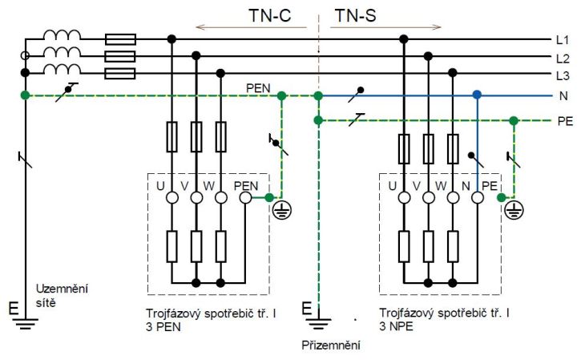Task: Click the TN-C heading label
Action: click(x=270, y=15)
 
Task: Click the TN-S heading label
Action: click(x=355, y=15)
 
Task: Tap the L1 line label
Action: click(x=563, y=39)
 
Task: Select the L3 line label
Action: click(x=563, y=75)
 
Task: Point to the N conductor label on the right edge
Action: click(x=563, y=96)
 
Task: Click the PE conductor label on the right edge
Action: click(x=565, y=121)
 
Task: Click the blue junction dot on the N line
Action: click(x=477, y=95)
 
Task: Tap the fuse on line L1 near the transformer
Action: click(x=120, y=39)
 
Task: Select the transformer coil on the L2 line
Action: click(x=62, y=51)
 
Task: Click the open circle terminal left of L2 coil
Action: click(x=25, y=55)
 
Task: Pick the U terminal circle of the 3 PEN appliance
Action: click(x=171, y=197)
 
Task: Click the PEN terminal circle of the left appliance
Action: click(x=245, y=197)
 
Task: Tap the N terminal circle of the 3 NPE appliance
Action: click(x=478, y=197)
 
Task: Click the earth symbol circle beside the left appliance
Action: click(x=282, y=211)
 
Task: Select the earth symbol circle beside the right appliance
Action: click(x=514, y=211)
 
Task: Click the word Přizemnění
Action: click(x=331, y=346)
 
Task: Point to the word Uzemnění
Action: click(x=62, y=289)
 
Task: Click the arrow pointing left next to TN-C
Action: click(x=251, y=27)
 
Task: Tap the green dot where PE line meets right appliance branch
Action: click(x=514, y=120)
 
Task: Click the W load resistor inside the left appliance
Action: click(x=221, y=247)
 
